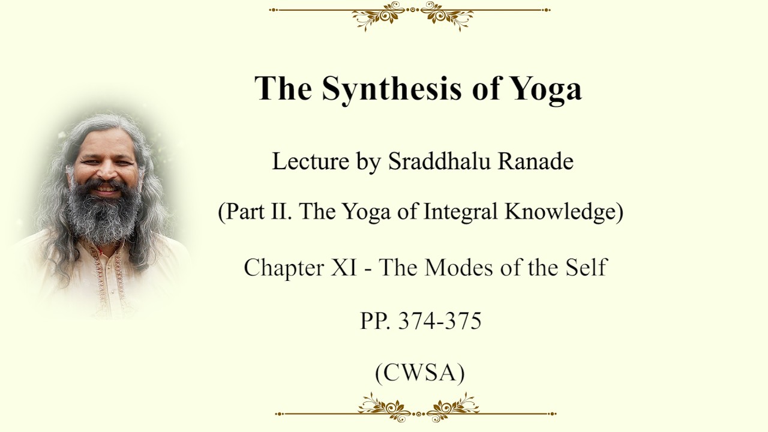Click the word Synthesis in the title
392,89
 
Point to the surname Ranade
536,161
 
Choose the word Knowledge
560,212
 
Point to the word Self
587,267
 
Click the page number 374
416,321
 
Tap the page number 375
463,321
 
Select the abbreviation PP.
376,321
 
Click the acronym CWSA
419,373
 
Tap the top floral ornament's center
412,10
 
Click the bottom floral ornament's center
418,414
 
